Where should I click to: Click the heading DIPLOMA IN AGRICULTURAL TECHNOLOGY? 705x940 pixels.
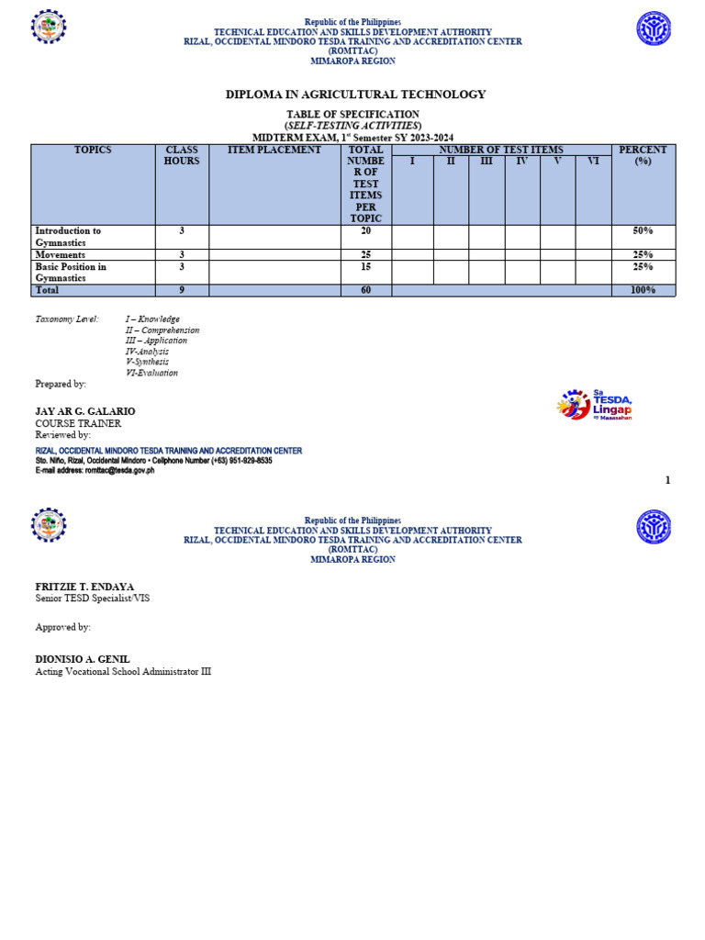(x=355, y=95)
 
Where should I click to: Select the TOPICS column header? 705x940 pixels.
(x=93, y=150)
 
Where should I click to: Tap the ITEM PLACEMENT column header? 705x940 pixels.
(x=274, y=150)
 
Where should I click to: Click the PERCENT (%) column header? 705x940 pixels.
(x=643, y=155)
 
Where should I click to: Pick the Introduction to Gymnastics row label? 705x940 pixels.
(x=69, y=237)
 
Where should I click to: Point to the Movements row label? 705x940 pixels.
(x=61, y=254)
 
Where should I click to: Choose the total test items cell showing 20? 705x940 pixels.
(x=365, y=231)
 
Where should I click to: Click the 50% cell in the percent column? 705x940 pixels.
(x=643, y=231)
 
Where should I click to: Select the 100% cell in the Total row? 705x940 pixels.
(x=643, y=290)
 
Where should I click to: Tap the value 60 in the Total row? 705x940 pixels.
(x=365, y=290)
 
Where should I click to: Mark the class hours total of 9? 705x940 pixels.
(x=182, y=290)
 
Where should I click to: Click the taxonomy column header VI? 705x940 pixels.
(x=593, y=162)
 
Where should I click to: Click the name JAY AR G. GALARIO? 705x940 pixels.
(x=85, y=411)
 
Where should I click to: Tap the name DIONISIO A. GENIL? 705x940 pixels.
(x=83, y=659)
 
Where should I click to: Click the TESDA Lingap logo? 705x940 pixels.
(x=595, y=405)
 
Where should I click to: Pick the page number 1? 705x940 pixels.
(x=668, y=480)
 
